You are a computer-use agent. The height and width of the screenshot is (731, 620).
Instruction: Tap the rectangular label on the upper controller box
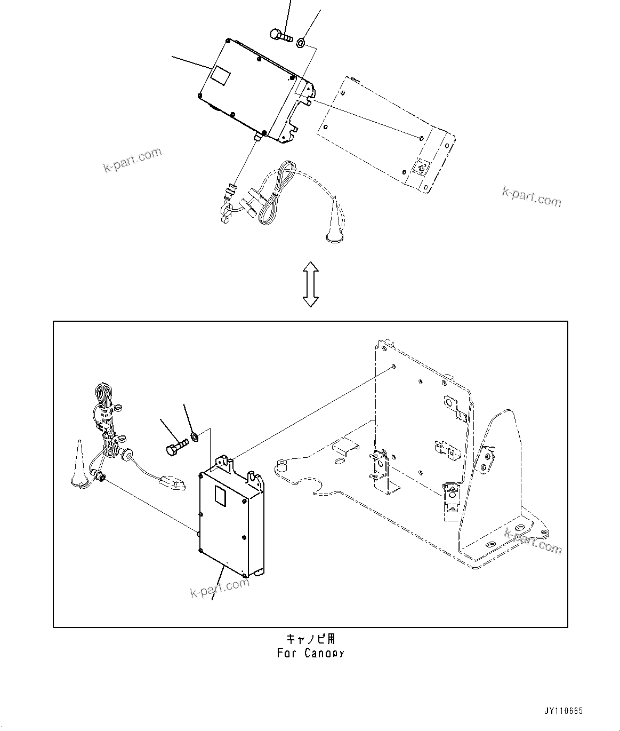point(219,74)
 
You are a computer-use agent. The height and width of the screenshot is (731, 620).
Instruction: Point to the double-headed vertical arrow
point(310,284)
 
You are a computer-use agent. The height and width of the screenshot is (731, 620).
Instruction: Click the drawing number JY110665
point(563,711)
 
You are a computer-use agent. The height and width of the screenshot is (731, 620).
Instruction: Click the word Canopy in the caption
point(325,653)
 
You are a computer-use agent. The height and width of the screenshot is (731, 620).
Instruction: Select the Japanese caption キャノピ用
point(311,639)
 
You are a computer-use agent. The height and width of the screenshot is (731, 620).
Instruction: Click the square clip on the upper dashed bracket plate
point(420,168)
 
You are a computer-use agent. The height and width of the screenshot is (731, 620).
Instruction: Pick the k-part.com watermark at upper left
point(132,160)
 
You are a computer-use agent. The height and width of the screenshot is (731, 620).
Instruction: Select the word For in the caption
point(287,653)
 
